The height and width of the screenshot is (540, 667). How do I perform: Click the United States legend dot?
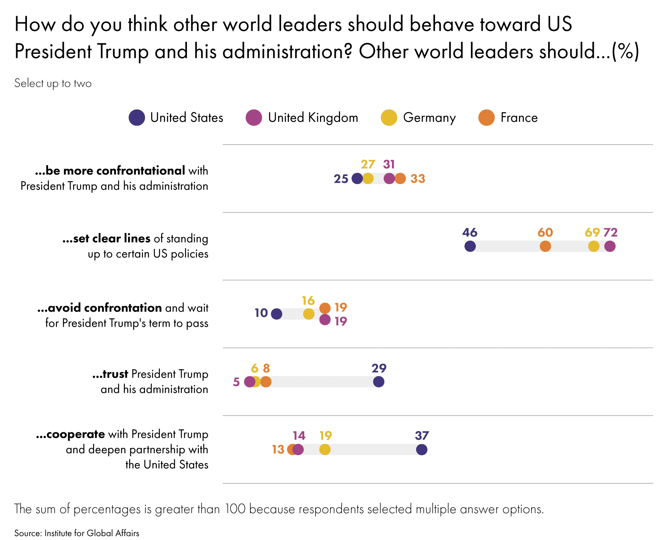click(137, 118)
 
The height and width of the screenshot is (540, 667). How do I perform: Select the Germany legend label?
click(429, 118)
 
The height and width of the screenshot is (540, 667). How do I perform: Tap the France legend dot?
click(486, 118)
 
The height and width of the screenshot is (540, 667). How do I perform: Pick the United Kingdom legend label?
click(313, 118)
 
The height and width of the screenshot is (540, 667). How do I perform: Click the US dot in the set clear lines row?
click(470, 246)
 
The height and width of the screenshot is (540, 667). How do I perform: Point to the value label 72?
click(610, 233)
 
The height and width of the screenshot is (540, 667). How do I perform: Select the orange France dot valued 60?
click(545, 246)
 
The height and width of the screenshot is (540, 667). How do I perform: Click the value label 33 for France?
click(418, 179)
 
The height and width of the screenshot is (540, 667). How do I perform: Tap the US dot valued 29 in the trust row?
click(379, 382)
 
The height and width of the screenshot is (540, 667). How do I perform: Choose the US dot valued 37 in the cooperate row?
click(422, 449)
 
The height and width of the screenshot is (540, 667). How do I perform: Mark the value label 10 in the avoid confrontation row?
click(261, 313)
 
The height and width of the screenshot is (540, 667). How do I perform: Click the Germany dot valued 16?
click(308, 314)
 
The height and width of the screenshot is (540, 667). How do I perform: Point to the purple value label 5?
click(236, 382)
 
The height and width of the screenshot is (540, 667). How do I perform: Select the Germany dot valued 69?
click(594, 246)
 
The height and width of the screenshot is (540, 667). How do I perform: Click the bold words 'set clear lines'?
click(106, 239)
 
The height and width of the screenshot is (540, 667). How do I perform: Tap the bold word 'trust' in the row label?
click(110, 374)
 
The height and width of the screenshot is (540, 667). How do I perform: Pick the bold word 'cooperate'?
click(70, 434)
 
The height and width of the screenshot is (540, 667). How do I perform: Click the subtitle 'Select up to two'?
click(53, 83)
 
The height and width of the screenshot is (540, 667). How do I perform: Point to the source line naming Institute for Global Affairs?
click(77, 533)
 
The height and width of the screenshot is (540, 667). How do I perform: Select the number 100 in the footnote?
click(235, 509)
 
